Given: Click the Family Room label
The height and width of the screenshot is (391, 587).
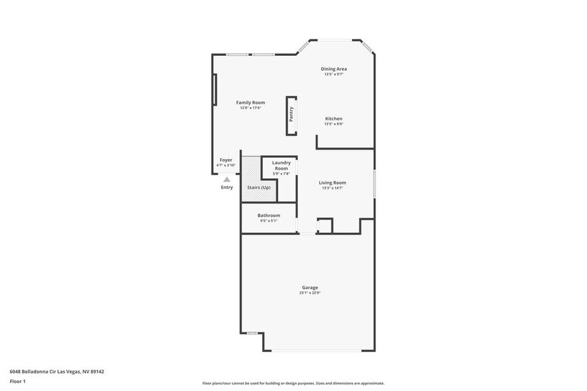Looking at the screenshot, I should [250, 102].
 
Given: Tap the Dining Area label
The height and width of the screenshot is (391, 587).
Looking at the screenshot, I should [333, 68].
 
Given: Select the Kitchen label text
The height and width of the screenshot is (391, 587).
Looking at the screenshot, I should [333, 118].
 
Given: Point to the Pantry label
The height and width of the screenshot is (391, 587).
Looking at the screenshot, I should [292, 114].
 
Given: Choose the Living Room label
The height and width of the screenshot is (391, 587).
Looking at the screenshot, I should [332, 182].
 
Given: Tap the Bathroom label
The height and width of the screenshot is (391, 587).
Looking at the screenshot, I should [269, 215].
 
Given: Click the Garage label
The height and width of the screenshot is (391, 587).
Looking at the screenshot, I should [310, 287].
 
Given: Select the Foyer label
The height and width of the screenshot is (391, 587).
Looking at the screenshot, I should [226, 160].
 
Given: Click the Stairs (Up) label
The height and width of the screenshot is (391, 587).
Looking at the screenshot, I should [259, 188].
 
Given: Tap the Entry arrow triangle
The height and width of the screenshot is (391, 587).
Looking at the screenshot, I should [227, 179].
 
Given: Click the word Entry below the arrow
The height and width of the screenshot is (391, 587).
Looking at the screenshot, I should [227, 188].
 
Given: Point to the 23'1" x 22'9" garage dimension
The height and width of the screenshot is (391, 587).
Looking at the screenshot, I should [310, 293].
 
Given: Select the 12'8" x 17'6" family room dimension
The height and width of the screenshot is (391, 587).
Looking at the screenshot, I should [250, 108].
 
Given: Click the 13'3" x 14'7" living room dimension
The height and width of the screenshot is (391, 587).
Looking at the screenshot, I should [332, 188].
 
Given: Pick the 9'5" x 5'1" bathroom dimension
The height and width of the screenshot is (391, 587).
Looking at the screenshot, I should [269, 220].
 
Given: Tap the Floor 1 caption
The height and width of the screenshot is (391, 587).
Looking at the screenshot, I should [18, 381].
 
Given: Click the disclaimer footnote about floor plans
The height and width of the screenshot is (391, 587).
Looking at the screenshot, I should [293, 383].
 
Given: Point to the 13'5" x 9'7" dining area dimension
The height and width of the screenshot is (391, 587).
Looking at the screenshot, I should [333, 74].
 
